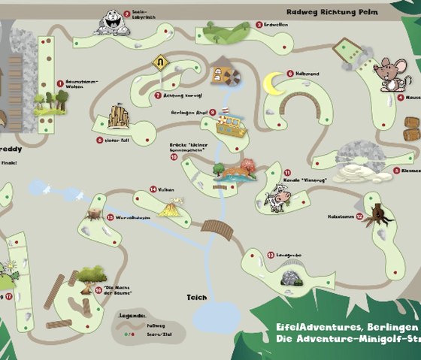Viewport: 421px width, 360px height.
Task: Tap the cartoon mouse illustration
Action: coord(389,73)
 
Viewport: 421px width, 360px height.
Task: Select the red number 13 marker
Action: coord(271,256)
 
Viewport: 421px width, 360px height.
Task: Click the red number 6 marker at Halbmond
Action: coord(289,74)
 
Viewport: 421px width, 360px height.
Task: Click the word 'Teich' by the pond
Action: coord(197,297)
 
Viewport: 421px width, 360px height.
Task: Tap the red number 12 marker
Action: coord(359,216)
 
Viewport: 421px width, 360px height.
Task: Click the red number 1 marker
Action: coord(60,84)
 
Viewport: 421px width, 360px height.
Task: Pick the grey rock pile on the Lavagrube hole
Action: coord(288,277)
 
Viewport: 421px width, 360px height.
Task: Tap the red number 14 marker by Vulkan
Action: coord(153,189)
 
